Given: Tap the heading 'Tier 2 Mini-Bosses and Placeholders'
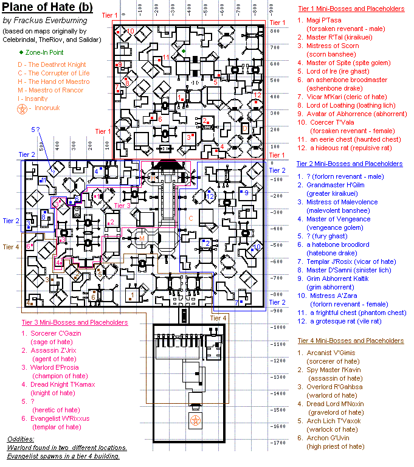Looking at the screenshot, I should [350, 164].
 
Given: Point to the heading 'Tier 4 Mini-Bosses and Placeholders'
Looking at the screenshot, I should [350, 341].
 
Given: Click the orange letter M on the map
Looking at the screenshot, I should [142, 238].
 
